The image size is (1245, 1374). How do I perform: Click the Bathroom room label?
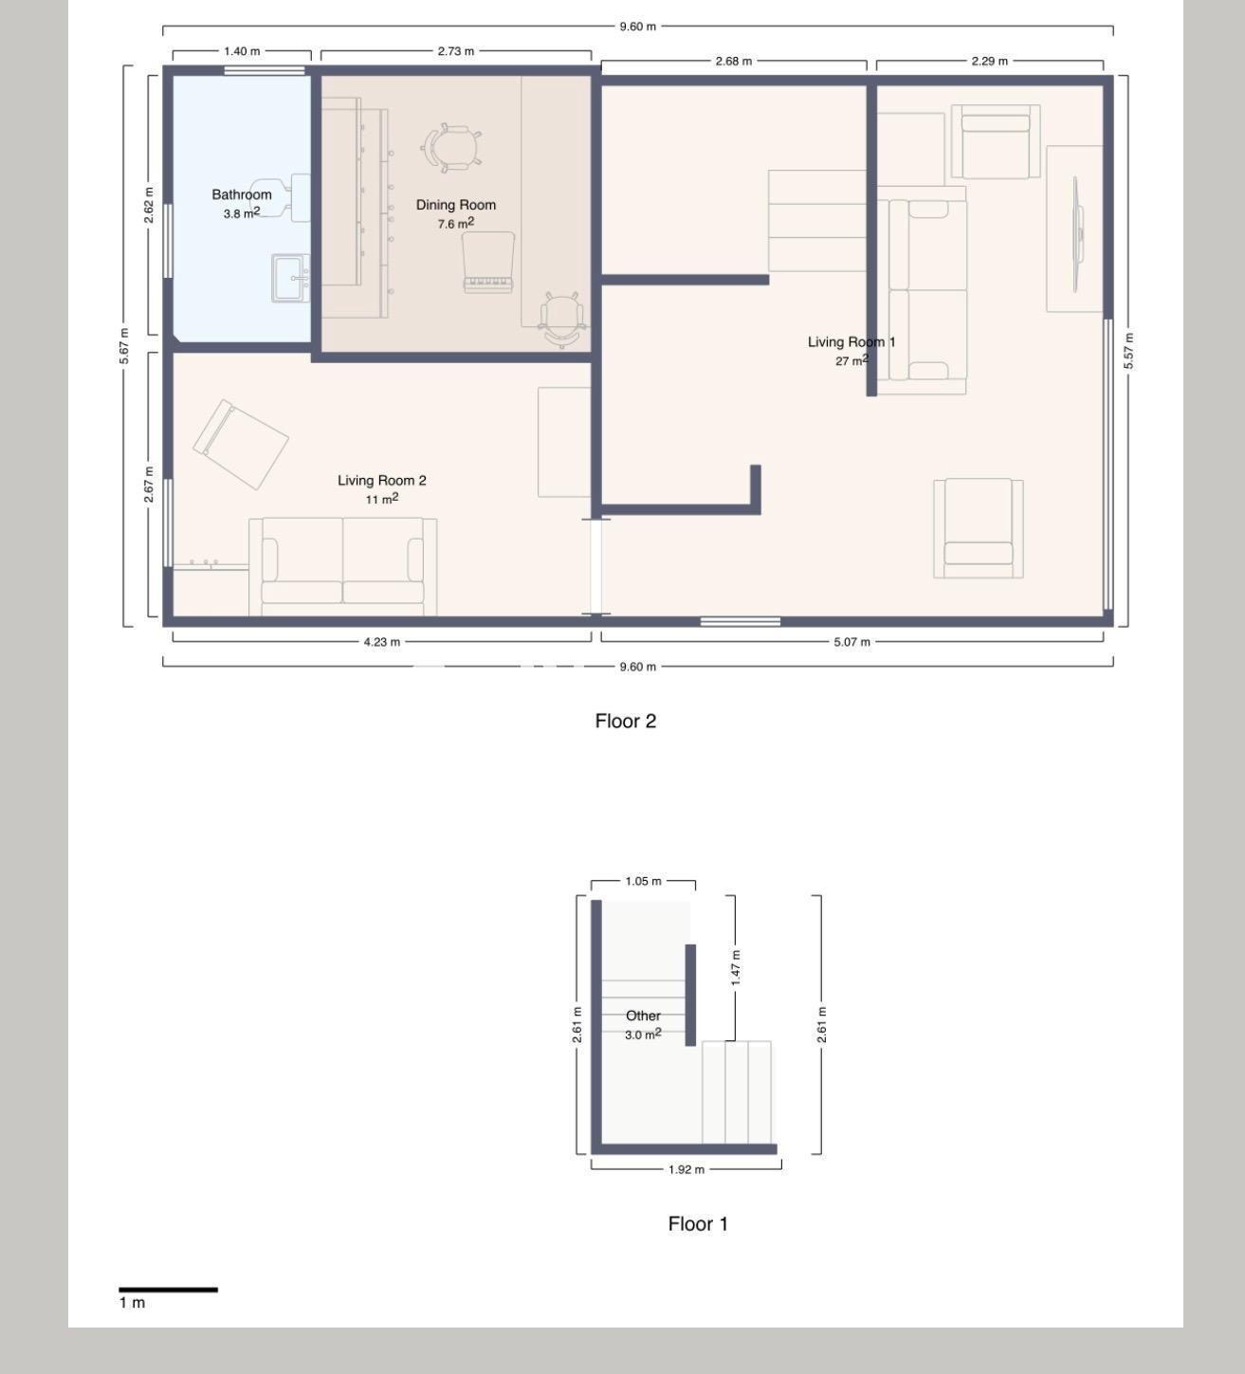point(241,194)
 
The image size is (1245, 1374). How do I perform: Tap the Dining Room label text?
point(455,205)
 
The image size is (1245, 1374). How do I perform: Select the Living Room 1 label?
point(851,342)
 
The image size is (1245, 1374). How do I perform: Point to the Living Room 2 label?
point(382,481)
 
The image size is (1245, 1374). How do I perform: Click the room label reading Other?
point(643,1016)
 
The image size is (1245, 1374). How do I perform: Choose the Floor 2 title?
point(625,722)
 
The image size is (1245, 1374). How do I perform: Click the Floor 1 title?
point(698,1224)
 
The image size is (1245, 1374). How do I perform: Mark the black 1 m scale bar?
point(168,1290)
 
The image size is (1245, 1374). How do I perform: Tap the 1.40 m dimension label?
point(242,51)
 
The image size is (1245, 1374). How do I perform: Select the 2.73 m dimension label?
point(455,51)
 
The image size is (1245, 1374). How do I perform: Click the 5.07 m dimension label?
point(851,642)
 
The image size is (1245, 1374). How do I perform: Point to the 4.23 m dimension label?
point(381,642)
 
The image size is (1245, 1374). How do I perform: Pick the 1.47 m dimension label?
point(736,967)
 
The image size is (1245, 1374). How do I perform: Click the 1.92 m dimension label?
point(686,1169)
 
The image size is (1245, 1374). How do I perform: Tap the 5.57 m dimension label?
point(1127,351)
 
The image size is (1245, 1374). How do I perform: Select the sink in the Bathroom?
point(290,278)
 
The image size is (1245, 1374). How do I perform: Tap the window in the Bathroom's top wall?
point(264,70)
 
